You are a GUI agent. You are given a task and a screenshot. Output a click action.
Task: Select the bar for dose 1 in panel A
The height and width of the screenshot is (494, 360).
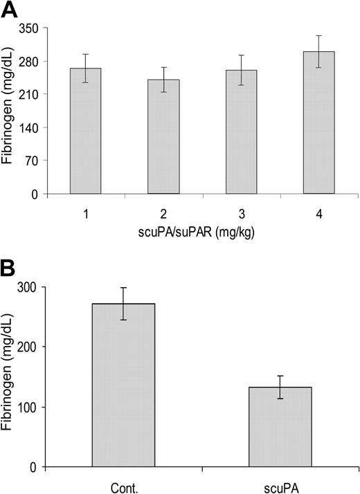pyautogui.click(x=85, y=131)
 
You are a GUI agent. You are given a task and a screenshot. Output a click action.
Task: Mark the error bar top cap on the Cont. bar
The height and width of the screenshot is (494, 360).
pyautogui.click(x=124, y=288)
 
